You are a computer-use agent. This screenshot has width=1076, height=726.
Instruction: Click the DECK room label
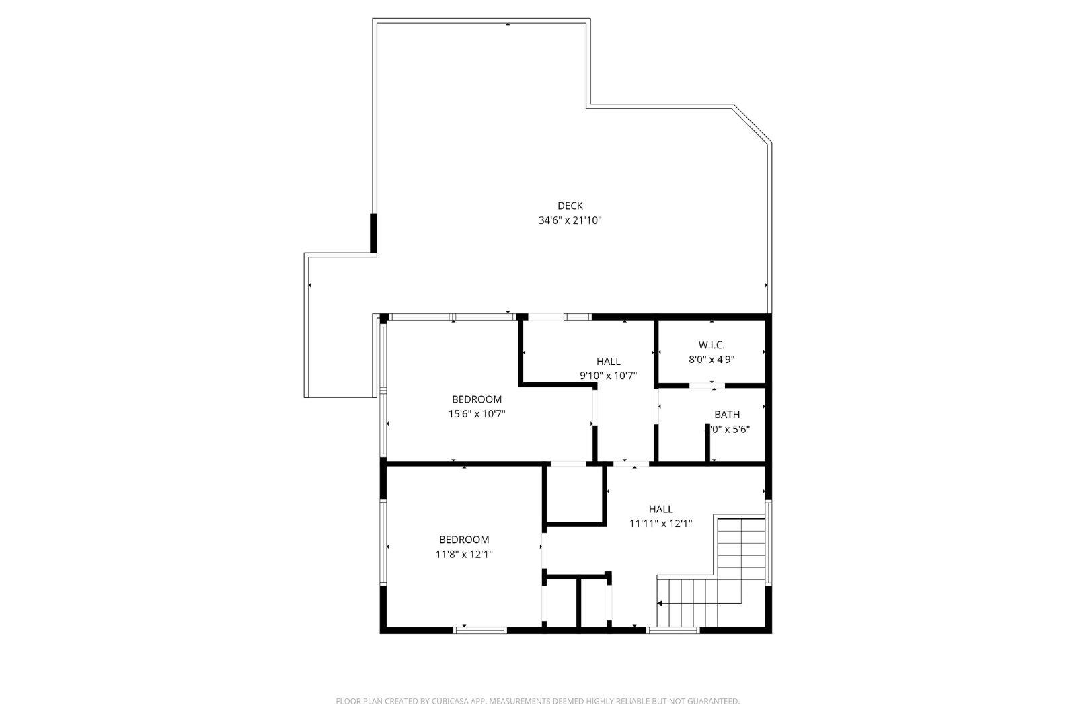(x=570, y=206)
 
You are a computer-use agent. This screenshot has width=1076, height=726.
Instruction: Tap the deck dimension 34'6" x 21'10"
(x=570, y=220)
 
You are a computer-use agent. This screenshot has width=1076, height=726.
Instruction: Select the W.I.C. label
(x=711, y=345)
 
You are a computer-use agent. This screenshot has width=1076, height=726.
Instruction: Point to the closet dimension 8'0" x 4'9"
(x=711, y=359)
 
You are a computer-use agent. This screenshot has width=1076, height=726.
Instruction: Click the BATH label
(x=726, y=415)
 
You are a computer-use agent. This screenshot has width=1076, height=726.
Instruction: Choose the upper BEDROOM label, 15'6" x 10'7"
(x=476, y=399)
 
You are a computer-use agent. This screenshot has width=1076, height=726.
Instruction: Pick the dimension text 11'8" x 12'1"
(x=464, y=554)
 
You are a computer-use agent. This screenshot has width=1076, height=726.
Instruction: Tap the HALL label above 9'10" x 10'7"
(x=608, y=362)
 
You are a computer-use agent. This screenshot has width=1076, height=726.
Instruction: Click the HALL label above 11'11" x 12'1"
(x=660, y=509)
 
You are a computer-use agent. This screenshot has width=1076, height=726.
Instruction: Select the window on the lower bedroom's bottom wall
(x=479, y=630)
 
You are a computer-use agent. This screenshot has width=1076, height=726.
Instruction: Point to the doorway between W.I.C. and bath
(x=707, y=386)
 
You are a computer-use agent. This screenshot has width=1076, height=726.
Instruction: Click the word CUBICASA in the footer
(x=455, y=701)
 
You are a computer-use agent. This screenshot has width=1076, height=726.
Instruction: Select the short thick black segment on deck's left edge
(x=373, y=233)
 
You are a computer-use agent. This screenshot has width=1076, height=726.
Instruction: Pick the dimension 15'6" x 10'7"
(x=476, y=414)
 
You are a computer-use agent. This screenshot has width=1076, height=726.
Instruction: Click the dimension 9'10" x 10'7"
(x=608, y=376)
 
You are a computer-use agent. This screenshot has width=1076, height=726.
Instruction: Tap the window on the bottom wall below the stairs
(x=672, y=630)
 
